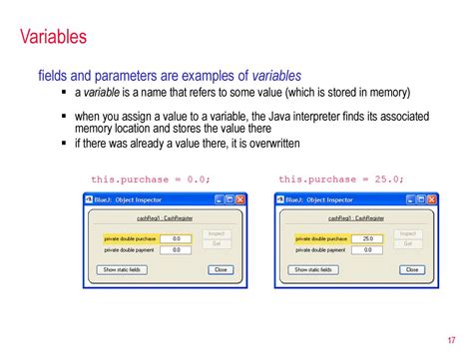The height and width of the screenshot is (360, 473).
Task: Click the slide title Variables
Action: (x=52, y=38)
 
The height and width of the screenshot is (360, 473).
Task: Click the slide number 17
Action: (x=455, y=336)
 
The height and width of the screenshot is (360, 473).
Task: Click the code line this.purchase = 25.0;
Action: (x=341, y=180)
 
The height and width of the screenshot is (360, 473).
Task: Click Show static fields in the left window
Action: (x=123, y=269)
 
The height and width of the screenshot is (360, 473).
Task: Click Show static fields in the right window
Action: (x=314, y=269)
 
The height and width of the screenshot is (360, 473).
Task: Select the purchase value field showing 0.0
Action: (x=176, y=239)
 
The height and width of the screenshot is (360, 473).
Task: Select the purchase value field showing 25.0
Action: (x=367, y=239)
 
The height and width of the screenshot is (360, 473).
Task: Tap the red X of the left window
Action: (x=240, y=199)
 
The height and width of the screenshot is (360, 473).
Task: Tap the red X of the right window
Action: (x=432, y=199)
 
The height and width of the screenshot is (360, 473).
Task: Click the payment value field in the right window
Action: (x=367, y=250)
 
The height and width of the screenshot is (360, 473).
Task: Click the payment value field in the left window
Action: (x=176, y=250)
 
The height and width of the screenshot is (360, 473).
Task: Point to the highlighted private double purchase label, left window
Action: (x=130, y=239)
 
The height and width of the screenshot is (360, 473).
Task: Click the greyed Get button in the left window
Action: (x=217, y=243)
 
